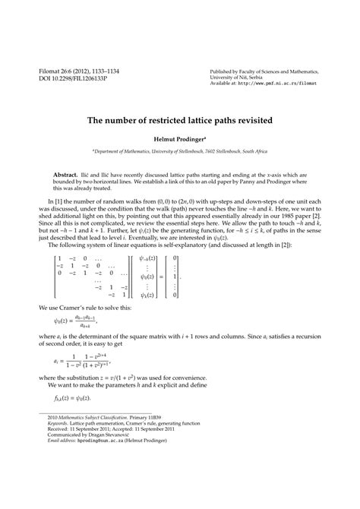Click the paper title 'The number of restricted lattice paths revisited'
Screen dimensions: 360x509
179,120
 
